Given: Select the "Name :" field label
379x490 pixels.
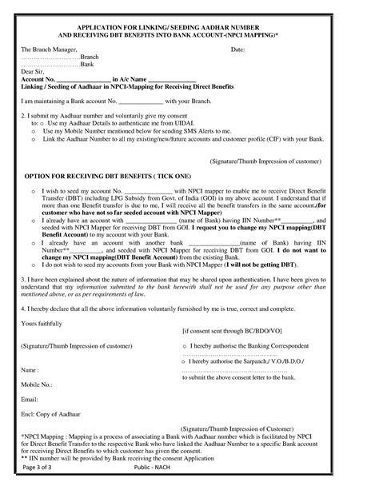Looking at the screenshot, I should point(30,370).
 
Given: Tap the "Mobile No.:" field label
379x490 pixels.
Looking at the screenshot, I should point(37,384).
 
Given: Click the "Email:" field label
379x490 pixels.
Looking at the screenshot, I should point(30,398).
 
